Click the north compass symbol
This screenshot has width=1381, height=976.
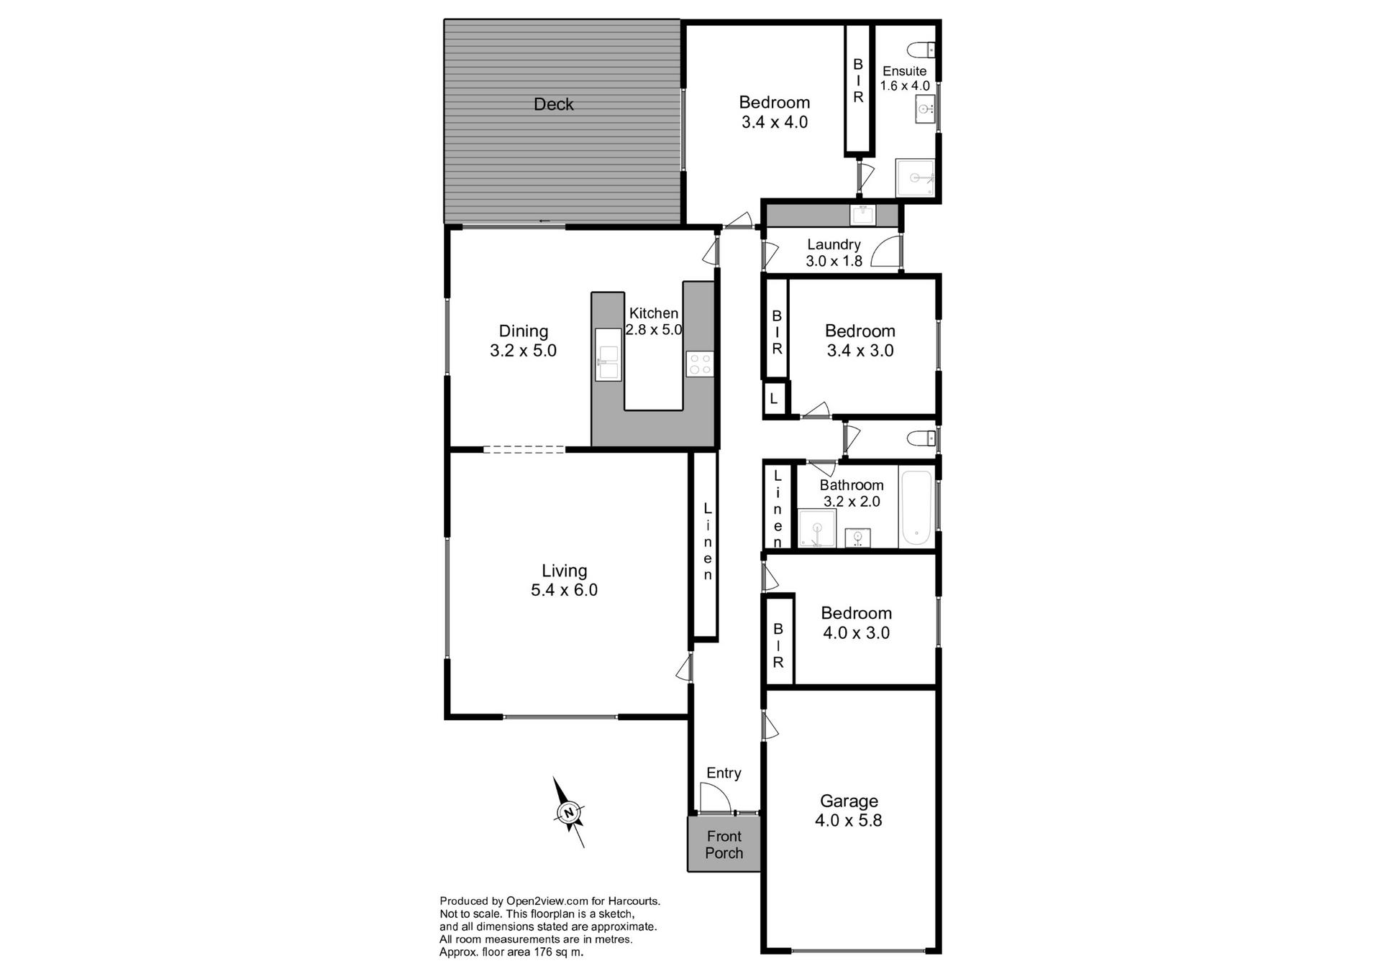568,812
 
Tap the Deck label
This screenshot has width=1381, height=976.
553,104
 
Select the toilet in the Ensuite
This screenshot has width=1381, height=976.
921,50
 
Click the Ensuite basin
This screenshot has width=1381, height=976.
924,109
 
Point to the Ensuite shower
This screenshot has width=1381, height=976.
915,178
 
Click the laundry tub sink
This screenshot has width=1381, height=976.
862,214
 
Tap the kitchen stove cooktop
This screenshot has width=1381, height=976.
699,364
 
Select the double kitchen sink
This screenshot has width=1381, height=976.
608,354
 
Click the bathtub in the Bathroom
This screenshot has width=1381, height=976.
917,507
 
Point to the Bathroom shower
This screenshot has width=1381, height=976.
817,529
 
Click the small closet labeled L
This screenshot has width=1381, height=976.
774,398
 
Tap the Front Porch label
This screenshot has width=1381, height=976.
724,844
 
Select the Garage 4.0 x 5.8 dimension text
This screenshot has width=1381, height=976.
848,821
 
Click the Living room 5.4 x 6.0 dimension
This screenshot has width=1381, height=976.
564,590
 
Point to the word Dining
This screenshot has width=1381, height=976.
523,331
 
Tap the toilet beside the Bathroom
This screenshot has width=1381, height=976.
921,438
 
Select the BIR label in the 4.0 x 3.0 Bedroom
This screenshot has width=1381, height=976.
778,645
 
